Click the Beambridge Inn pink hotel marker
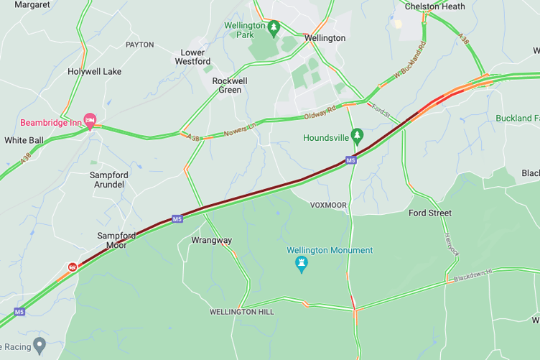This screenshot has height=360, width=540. (x=90, y=121)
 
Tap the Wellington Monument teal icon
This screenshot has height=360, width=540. (x=302, y=264)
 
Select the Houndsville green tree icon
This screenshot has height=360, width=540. (x=357, y=136)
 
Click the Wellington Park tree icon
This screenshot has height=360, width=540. (x=273, y=28)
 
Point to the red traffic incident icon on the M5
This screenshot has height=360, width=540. (x=73, y=267)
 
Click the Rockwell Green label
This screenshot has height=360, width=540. (x=230, y=86)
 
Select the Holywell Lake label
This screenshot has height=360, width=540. (x=94, y=72)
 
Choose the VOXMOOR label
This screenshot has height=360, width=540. (x=328, y=205)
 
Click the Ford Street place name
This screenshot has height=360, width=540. (x=430, y=213)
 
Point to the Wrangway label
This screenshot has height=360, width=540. (x=212, y=240)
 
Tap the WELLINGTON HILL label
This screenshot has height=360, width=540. (x=242, y=312)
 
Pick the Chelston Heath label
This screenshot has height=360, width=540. (x=434, y=6)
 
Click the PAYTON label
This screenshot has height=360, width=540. (x=140, y=45)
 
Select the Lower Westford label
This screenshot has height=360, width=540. (x=192, y=57)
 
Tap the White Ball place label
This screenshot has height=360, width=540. (x=24, y=140)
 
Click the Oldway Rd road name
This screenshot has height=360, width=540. (x=320, y=112)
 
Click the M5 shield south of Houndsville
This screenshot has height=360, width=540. (x=350, y=160)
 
